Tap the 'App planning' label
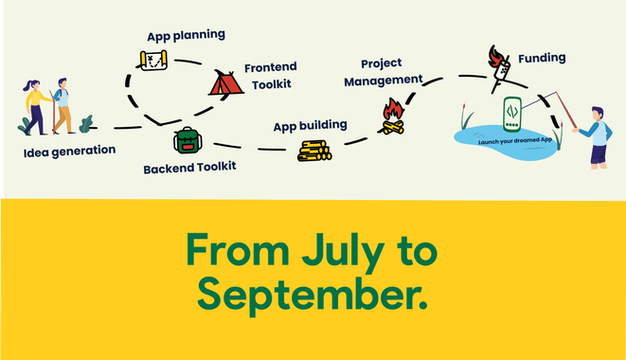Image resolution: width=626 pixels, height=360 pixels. point(186,35)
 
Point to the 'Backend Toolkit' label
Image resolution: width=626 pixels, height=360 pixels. point(189,168)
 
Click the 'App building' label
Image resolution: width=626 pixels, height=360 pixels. point(310,124)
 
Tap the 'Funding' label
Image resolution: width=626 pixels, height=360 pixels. point(541,58)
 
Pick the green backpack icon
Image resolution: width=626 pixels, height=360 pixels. point(188,140)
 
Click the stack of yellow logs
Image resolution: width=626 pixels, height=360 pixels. point(314,150)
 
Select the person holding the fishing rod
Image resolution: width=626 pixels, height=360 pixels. point(595,136)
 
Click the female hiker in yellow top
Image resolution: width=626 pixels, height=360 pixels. point(36,105)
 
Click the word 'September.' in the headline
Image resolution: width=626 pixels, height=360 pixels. point(313,295)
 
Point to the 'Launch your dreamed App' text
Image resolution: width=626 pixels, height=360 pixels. point(512,140)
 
